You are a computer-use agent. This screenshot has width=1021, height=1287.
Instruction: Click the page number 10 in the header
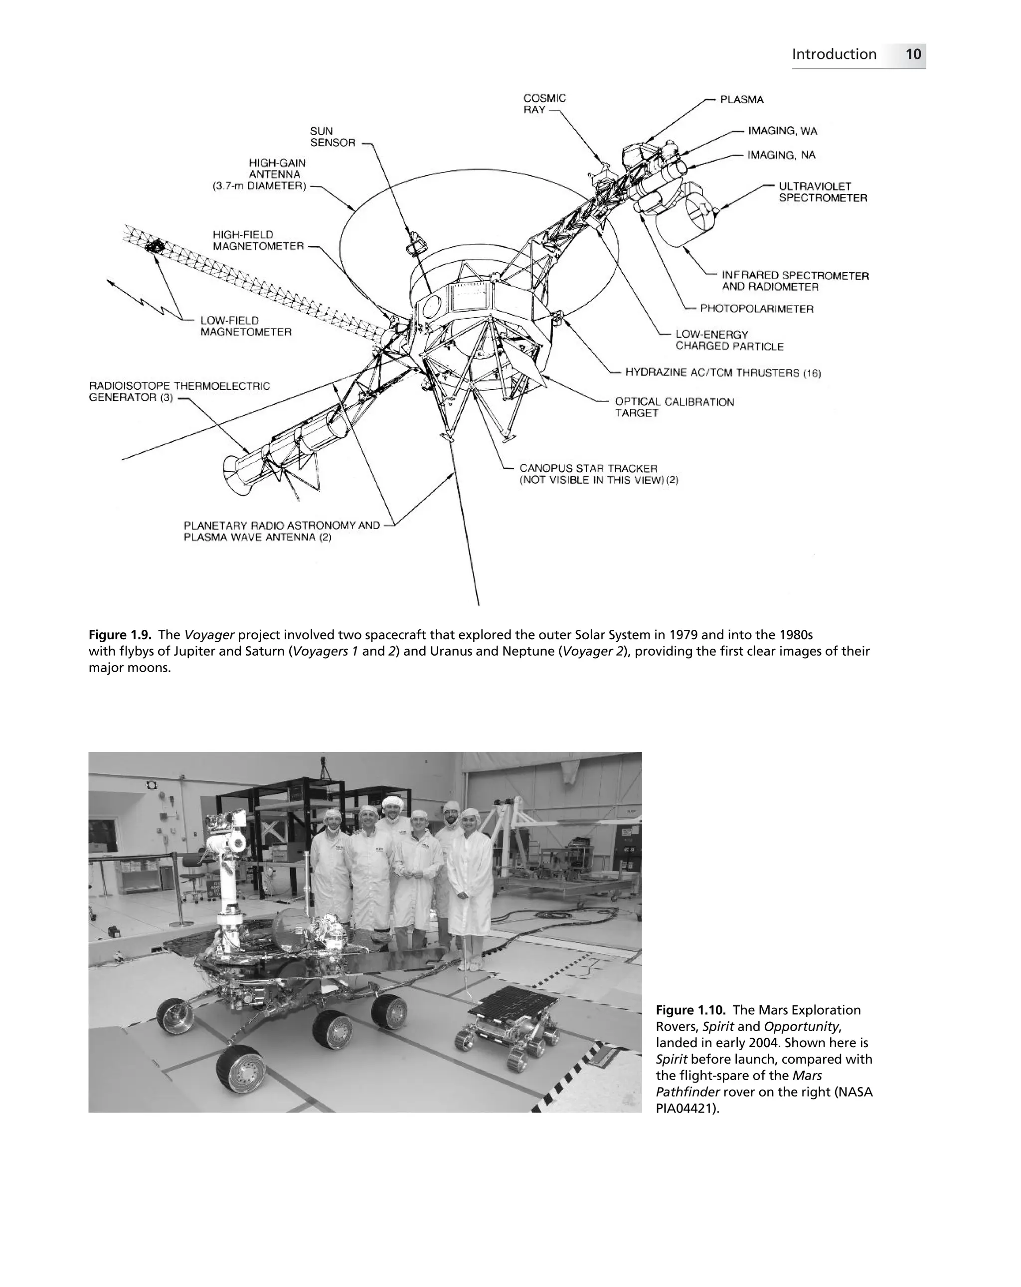point(912,54)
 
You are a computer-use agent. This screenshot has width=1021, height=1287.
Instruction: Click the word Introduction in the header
point(834,54)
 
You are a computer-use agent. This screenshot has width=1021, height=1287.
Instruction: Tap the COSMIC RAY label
point(543,103)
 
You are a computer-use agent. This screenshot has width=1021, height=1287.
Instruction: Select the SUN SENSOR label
point(332,137)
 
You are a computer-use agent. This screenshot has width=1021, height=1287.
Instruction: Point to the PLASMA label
point(741,100)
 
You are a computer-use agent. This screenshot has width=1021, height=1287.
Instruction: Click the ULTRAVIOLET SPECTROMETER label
point(822,192)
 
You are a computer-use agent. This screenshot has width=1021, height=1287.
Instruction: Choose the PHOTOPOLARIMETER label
point(756,309)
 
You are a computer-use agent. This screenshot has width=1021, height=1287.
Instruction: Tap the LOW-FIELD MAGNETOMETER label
point(245,327)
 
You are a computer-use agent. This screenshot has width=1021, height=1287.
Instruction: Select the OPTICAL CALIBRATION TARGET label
point(674,407)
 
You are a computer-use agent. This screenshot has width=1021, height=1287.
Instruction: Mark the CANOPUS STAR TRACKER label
point(588,469)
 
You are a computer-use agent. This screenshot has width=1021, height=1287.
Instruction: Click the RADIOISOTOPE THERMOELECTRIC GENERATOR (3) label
point(179,391)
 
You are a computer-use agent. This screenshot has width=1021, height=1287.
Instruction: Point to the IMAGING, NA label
point(781,155)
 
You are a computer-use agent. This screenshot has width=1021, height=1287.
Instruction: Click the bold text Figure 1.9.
point(119,634)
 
